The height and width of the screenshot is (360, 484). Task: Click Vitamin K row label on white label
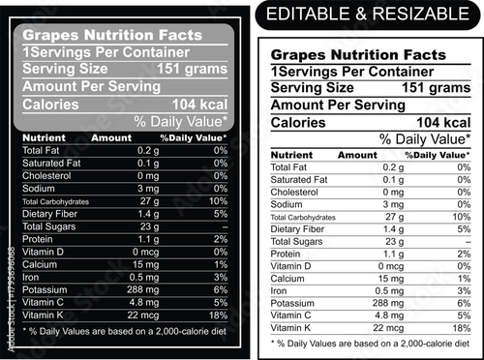pos(291,328)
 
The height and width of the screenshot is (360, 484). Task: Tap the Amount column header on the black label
pos(110,137)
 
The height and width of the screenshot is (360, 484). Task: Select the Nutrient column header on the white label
pos(291,155)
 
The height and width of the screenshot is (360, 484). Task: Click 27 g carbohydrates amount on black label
pos(148,200)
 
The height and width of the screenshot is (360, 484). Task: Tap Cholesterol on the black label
pos(45,175)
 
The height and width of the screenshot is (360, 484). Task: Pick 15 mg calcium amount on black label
pos(145,263)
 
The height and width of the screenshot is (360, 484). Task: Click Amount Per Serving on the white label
pos(337,105)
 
